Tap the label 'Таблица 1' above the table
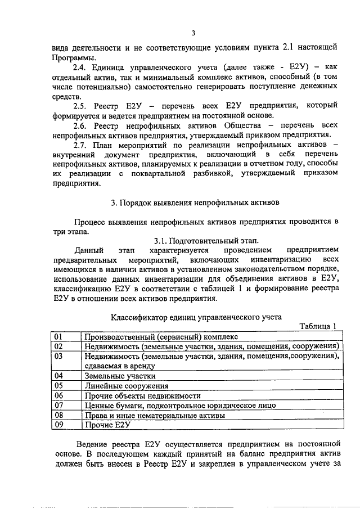[317, 327]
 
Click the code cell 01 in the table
[58, 336]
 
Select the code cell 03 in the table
[58, 356]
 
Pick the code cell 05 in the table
[58, 386]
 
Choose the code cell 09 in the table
[58, 425]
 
